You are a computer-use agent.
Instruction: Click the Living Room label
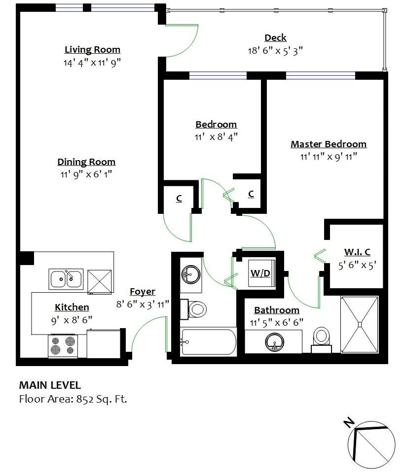(92, 50)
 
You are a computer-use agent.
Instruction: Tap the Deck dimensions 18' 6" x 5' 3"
(275, 50)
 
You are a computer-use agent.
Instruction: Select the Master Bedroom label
(328, 144)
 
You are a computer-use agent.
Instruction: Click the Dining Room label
(86, 162)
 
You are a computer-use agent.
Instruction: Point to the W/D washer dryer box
(260, 273)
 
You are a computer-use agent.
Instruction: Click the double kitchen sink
(66, 279)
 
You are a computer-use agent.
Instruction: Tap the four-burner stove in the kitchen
(63, 345)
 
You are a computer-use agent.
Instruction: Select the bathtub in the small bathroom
(208, 342)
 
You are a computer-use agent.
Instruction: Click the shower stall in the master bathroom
(360, 324)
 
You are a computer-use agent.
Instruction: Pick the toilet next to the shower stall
(322, 338)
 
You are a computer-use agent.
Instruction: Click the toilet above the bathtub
(196, 309)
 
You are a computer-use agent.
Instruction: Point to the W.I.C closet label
(357, 252)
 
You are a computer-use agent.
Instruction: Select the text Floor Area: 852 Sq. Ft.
(73, 399)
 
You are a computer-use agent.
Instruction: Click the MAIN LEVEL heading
(49, 385)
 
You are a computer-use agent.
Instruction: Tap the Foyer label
(142, 292)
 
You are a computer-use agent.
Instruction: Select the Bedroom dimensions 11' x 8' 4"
(217, 137)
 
